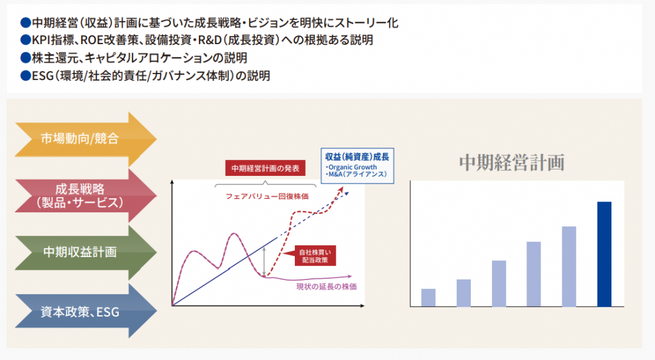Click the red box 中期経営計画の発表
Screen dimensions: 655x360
[x=265, y=168]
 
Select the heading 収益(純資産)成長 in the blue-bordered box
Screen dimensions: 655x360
[x=357, y=157]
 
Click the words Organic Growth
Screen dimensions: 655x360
[x=352, y=167]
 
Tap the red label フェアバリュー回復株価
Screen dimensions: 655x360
[x=267, y=196]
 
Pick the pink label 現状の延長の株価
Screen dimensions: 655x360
[x=326, y=286]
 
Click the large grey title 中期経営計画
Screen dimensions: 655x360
[x=512, y=162]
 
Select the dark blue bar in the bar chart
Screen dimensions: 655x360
[x=604, y=254]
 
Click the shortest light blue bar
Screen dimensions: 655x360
[x=428, y=297]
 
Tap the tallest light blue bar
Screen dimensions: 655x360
[x=569, y=267]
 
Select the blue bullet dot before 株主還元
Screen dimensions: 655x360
[x=26, y=58]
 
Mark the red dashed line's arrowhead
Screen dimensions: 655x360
[x=341, y=190]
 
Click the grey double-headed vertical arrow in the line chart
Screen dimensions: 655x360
[x=264, y=261]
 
